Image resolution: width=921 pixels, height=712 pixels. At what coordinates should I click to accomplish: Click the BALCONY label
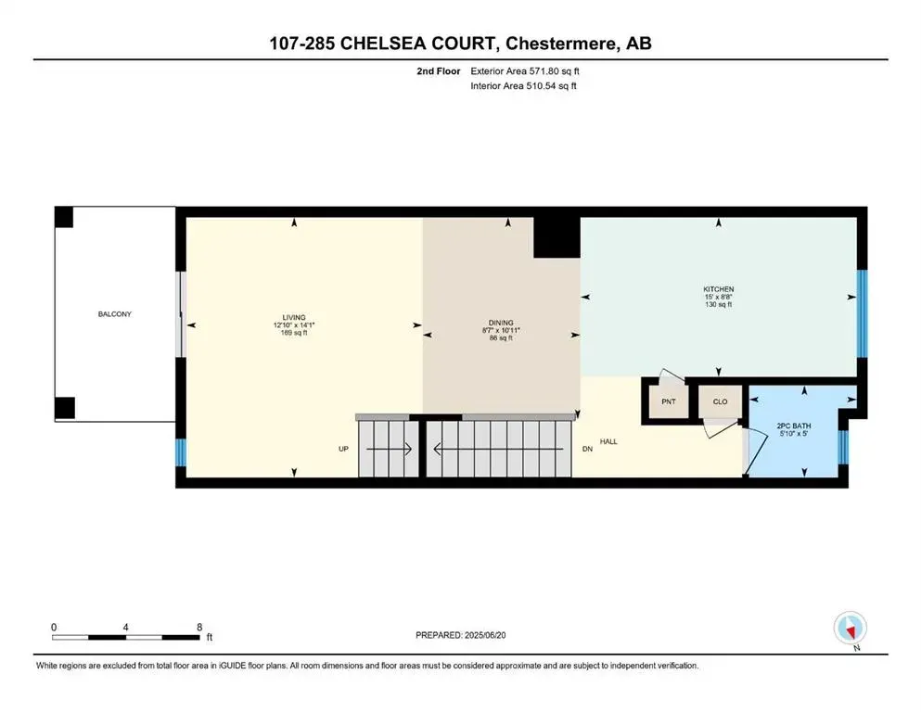(x=115, y=314)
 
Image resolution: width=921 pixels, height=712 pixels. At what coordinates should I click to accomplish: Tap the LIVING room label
(x=295, y=317)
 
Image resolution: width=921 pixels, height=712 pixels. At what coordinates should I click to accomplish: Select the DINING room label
(x=501, y=323)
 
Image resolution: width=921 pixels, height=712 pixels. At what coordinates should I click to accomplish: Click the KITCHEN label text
(x=718, y=289)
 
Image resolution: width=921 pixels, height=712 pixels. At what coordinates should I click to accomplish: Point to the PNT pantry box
(x=668, y=402)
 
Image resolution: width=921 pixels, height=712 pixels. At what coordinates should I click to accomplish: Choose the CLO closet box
(x=720, y=402)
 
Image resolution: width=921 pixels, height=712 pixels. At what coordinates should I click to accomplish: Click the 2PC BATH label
(x=794, y=426)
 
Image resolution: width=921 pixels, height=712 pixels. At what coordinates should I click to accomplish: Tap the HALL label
(x=608, y=441)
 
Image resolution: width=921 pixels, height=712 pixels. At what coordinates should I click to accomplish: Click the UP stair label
(x=343, y=449)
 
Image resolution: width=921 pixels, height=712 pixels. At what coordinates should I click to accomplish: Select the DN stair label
(x=586, y=449)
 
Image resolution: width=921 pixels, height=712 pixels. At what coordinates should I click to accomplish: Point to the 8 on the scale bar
(x=199, y=627)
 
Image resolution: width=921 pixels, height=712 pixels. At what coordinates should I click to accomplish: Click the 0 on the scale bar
(x=55, y=627)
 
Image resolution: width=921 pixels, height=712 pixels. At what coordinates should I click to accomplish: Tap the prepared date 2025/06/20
(x=501, y=635)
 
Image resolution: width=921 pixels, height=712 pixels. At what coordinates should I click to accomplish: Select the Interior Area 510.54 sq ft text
(x=524, y=86)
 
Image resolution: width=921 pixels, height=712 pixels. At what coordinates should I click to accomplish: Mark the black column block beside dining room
(x=556, y=236)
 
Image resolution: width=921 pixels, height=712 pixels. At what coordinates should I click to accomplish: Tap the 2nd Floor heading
(x=439, y=70)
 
